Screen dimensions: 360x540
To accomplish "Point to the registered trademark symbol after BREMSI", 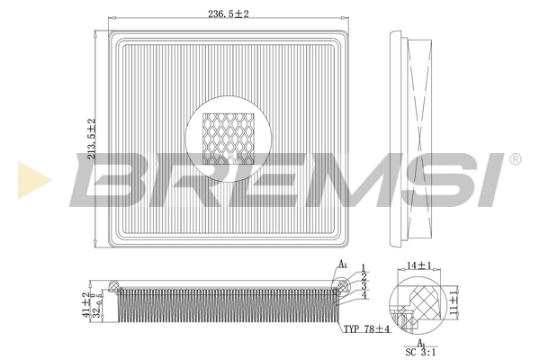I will click(514, 159).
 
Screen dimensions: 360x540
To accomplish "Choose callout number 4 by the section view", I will click(363, 295).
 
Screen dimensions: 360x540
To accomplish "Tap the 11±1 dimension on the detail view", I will click(454, 300).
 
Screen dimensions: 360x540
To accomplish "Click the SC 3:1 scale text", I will click(421, 352).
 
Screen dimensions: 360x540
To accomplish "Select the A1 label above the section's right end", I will click(342, 264).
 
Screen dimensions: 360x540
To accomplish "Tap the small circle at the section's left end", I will click(112, 286).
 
